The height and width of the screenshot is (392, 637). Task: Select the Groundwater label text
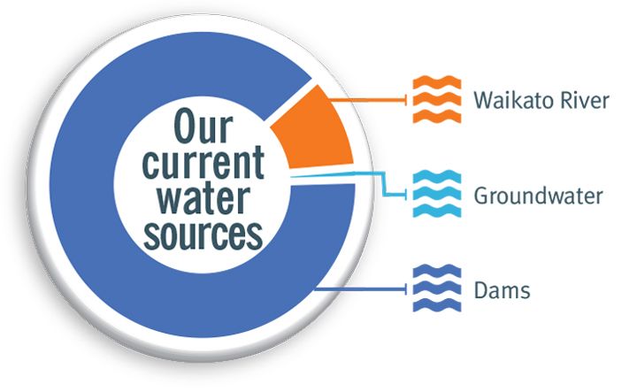(x=538, y=196)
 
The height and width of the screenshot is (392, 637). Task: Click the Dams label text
(x=502, y=289)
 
